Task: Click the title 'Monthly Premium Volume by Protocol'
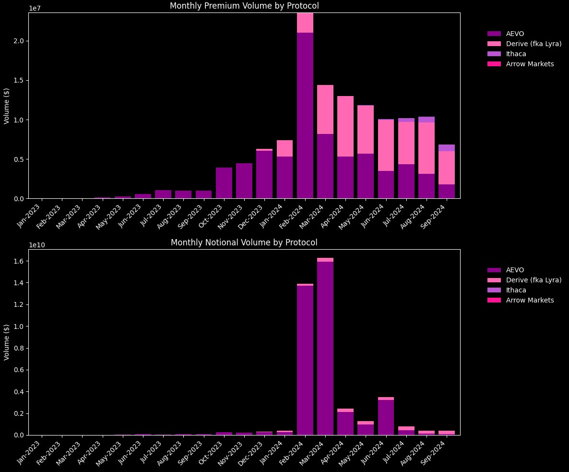244,6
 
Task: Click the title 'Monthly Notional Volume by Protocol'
244,242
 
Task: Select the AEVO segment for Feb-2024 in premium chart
305,115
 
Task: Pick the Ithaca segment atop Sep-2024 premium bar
447,148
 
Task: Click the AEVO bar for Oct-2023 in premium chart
224,183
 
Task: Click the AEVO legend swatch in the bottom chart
494,270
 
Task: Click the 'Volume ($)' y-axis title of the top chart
7,106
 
